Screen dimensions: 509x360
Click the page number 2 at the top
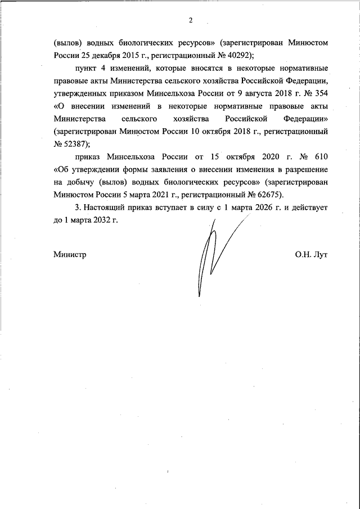coord(191,21)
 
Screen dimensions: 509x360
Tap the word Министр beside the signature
coord(70,254)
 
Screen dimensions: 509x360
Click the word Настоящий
coord(102,208)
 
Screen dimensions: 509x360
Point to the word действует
coord(308,208)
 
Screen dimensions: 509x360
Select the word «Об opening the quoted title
coord(62,169)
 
